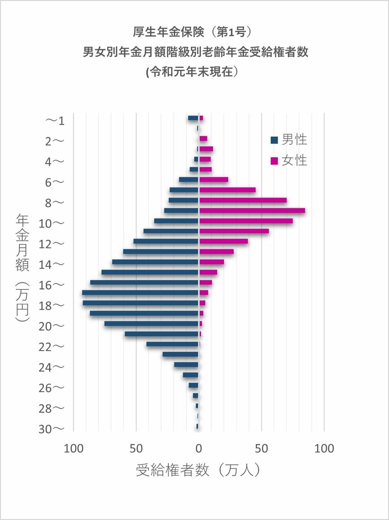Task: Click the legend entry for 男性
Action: (x=289, y=140)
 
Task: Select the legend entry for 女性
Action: (x=289, y=161)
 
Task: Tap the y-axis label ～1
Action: (x=55, y=120)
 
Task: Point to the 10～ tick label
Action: (x=52, y=223)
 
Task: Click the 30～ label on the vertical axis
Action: (x=52, y=429)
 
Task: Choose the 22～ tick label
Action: (x=52, y=347)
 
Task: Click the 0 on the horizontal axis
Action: (x=199, y=448)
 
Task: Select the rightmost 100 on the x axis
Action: (x=324, y=448)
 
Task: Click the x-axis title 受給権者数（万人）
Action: (x=198, y=470)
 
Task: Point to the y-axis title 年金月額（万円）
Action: (x=22, y=268)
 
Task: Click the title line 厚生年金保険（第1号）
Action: (x=195, y=32)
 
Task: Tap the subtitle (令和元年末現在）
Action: (x=195, y=72)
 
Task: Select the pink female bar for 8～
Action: (x=243, y=200)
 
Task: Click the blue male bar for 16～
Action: (x=144, y=283)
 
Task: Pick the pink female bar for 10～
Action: (x=246, y=221)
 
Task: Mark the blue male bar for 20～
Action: (x=151, y=324)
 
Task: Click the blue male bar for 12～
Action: (x=166, y=241)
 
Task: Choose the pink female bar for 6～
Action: (x=214, y=180)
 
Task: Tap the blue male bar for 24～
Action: (x=186, y=365)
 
